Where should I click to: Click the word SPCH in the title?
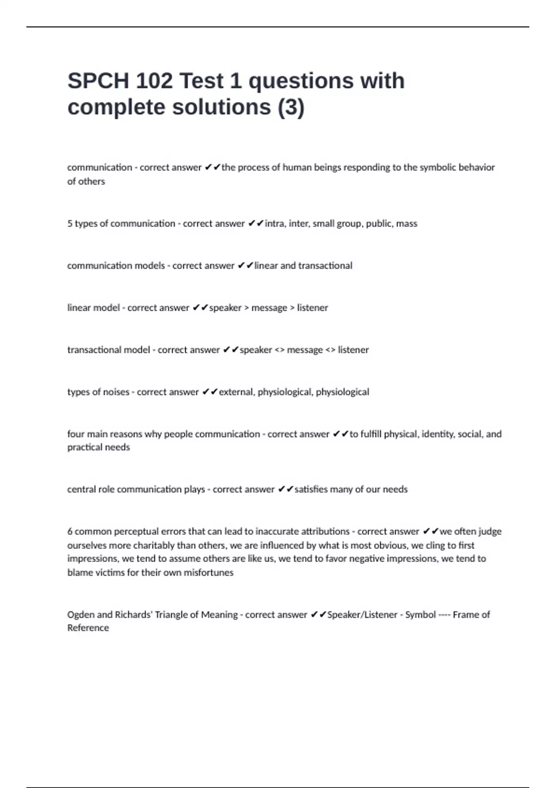point(98,81)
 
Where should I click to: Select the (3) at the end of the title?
point(291,107)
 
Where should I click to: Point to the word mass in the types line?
point(407,223)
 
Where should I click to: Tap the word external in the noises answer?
point(236,392)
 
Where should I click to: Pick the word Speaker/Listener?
point(362,615)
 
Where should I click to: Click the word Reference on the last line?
point(88,628)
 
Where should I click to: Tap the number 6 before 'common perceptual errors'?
point(69,532)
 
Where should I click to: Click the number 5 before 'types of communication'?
point(69,223)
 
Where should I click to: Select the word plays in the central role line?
point(195,489)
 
